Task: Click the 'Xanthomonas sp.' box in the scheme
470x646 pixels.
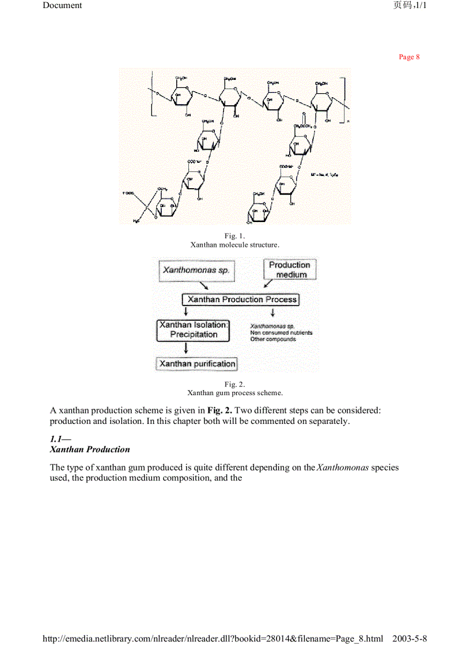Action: coord(196,270)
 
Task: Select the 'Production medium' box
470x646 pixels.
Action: coord(290,270)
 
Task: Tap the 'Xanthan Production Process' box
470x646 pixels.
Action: coord(241,299)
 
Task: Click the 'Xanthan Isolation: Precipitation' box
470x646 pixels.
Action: coord(194,330)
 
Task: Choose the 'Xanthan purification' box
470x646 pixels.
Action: coord(197,364)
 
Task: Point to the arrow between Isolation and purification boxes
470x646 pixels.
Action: coord(185,349)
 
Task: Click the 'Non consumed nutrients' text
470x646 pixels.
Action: coord(281,332)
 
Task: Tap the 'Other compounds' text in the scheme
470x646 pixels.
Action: coord(273,339)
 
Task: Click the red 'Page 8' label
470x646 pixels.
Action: coord(409,57)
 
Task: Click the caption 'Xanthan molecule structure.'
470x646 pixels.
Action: coord(235,244)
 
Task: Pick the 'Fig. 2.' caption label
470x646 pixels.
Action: coord(235,384)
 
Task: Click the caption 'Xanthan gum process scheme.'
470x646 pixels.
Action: coord(235,393)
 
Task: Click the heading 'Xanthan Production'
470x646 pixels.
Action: coord(90,449)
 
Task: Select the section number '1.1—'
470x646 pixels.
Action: coord(60,439)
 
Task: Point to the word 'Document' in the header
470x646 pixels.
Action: coord(62,5)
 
